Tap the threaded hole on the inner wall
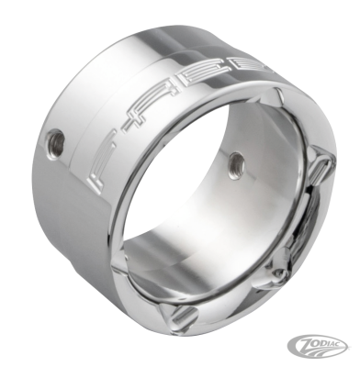235,162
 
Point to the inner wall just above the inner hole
235,138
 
